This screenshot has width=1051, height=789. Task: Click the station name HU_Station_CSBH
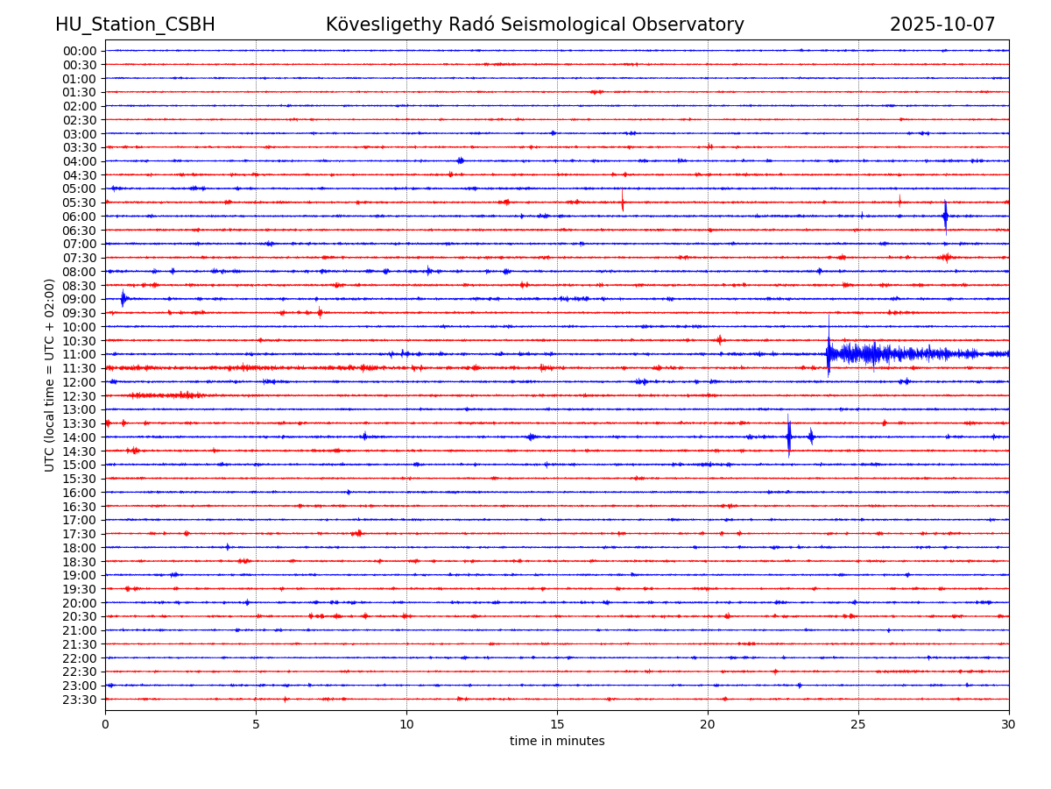tap(135, 25)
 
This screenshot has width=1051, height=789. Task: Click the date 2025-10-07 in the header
tap(942, 25)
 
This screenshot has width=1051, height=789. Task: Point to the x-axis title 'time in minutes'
tap(557, 742)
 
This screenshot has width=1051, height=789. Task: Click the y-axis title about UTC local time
tap(51, 374)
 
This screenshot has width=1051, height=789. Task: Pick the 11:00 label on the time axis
tap(80, 354)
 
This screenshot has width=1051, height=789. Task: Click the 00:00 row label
tap(80, 51)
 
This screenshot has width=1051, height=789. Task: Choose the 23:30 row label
tap(80, 700)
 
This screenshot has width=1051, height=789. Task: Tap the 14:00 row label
tap(80, 437)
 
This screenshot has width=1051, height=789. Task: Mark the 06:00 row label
tap(80, 217)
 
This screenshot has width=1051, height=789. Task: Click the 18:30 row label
tap(80, 562)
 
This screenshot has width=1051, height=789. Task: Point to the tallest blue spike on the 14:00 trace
tap(788, 436)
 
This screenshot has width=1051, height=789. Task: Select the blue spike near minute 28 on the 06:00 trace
tap(945, 216)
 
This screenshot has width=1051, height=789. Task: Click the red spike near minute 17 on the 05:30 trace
tap(623, 201)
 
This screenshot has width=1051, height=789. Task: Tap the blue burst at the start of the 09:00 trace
tap(123, 298)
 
